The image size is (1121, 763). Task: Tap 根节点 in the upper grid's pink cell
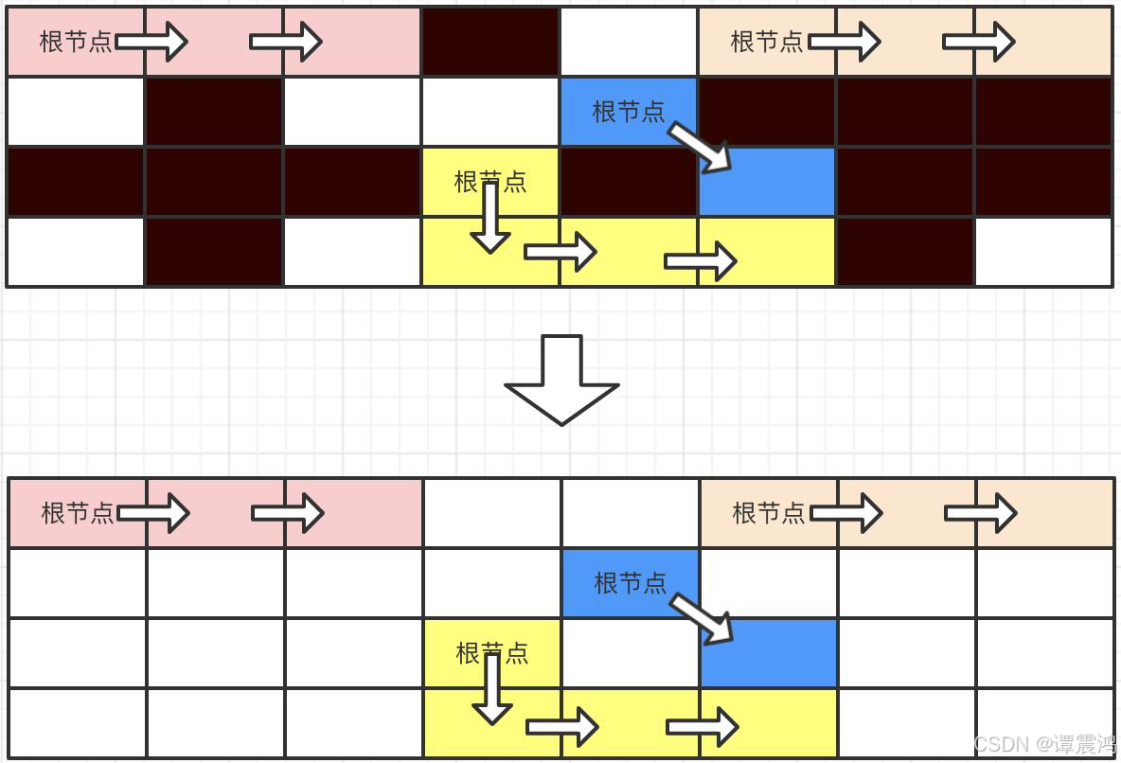pos(75,42)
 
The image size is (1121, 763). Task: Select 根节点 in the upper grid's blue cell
pos(628,112)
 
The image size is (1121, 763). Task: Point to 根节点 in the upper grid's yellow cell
pos(489,182)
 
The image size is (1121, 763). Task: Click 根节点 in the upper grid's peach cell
pos(766,42)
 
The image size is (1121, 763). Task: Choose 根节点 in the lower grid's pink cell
pos(77,513)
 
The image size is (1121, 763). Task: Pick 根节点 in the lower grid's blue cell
pos(630,583)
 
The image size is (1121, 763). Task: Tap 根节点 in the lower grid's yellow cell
pos(491,653)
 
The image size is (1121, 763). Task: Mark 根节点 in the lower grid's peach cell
pos(768,513)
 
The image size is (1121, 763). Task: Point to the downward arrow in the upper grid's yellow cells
pos(489,218)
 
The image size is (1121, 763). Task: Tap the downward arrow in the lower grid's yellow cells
pos(491,689)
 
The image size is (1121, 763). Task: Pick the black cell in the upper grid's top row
pos(489,42)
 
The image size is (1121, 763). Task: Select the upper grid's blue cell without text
pos(767,182)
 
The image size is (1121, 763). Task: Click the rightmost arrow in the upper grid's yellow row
pos(701,261)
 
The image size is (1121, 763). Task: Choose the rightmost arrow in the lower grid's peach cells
pos(981,513)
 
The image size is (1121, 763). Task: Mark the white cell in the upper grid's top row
pos(628,42)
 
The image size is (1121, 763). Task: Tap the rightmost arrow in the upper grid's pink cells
pos(286,42)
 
